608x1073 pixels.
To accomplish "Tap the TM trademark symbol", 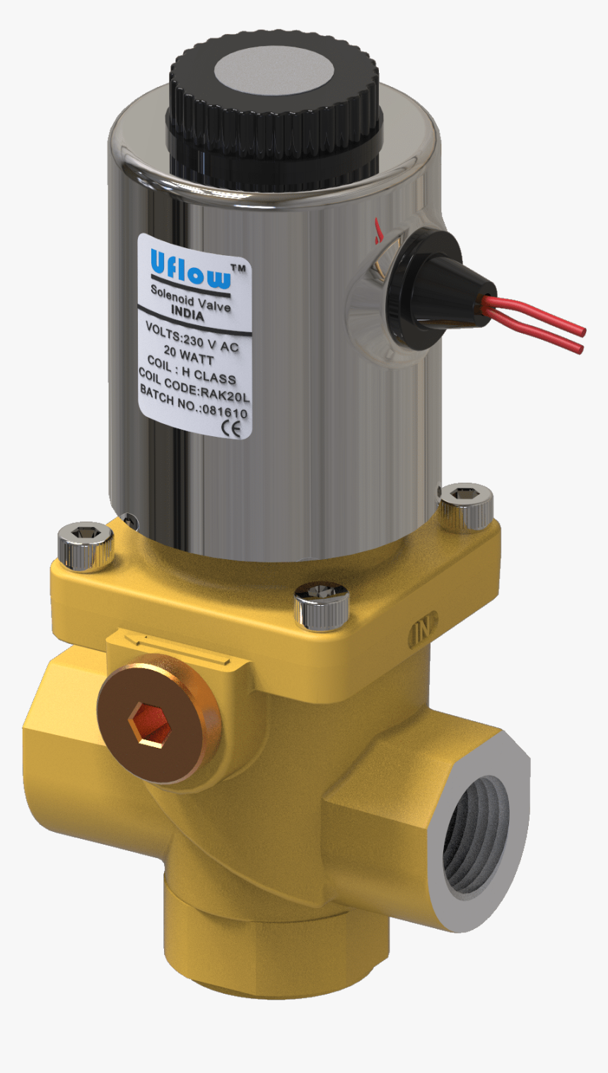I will [x=238, y=269].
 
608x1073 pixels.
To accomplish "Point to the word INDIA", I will [x=188, y=315].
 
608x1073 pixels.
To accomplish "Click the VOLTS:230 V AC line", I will [x=192, y=337].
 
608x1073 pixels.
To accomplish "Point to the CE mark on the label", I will [x=231, y=428].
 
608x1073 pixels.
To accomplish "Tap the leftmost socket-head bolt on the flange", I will [x=86, y=545].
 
